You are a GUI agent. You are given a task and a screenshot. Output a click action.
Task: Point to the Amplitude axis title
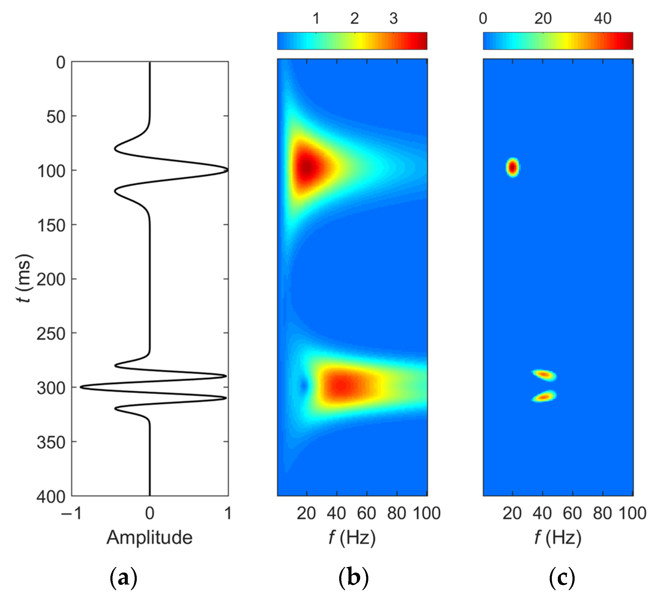point(149,537)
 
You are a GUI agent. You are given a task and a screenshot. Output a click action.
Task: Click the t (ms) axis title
point(24,278)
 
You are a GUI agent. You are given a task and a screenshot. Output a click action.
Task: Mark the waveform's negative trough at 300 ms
point(81,387)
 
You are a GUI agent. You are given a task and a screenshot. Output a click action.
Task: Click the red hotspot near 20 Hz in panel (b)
point(306,168)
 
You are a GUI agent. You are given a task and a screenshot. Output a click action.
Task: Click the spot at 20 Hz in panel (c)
point(513,167)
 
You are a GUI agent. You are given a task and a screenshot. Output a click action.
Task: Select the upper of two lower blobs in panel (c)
point(544,375)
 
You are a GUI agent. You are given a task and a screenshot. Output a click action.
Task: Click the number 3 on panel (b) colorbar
point(393,19)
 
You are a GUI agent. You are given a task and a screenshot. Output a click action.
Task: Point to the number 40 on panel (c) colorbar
point(602,19)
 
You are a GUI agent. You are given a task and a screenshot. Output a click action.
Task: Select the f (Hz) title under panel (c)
point(558,537)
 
